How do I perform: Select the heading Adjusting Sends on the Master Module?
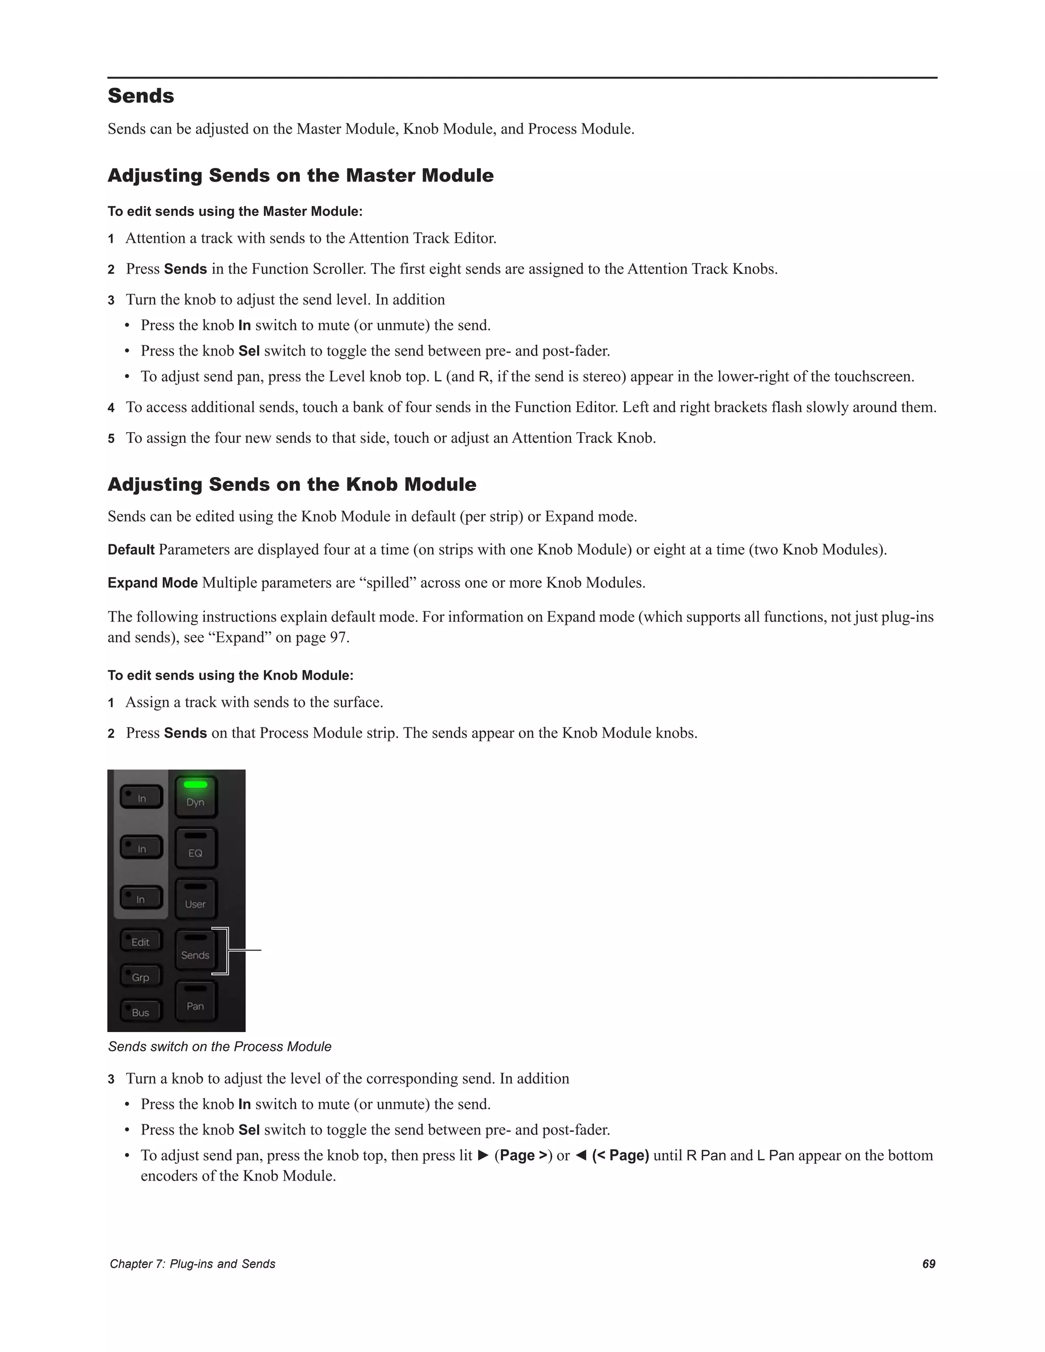(300, 176)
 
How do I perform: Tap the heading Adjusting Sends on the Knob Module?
(291, 484)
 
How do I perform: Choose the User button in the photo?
(195, 898)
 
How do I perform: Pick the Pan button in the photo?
(195, 1001)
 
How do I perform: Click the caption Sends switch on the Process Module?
(220, 1047)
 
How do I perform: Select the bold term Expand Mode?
(152, 583)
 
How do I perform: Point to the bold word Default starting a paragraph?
(131, 549)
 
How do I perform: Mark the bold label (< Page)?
(620, 1156)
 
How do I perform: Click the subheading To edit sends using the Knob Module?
(230, 675)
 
